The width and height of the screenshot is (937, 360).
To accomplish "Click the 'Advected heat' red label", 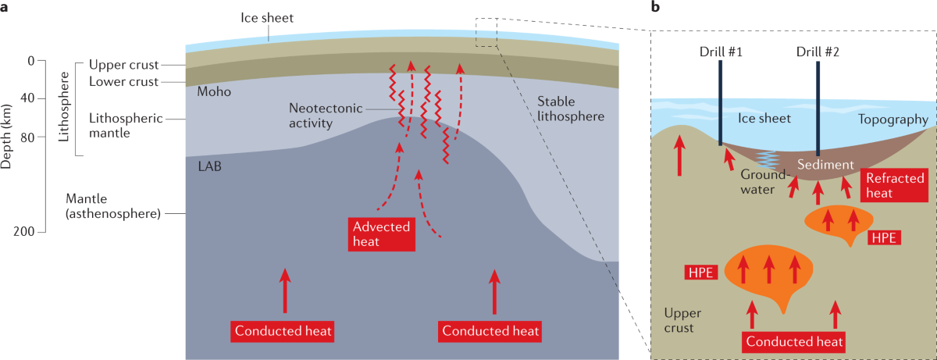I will pyautogui.click(x=381, y=233).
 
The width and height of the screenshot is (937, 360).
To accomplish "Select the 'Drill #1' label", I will pyautogui.click(x=721, y=52).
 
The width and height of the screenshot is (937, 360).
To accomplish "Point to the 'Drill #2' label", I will pyautogui.click(x=817, y=52).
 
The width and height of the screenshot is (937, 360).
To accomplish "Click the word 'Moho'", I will pyautogui.click(x=214, y=92).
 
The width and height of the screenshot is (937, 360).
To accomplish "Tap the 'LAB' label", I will pyautogui.click(x=207, y=166).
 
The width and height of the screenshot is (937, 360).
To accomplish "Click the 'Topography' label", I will pyautogui.click(x=892, y=119).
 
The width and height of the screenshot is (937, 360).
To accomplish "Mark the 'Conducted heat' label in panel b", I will pyautogui.click(x=794, y=341).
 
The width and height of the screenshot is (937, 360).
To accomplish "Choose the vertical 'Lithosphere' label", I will pyautogui.click(x=66, y=110).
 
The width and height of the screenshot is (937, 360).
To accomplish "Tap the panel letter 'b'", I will pyautogui.click(x=655, y=8).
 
